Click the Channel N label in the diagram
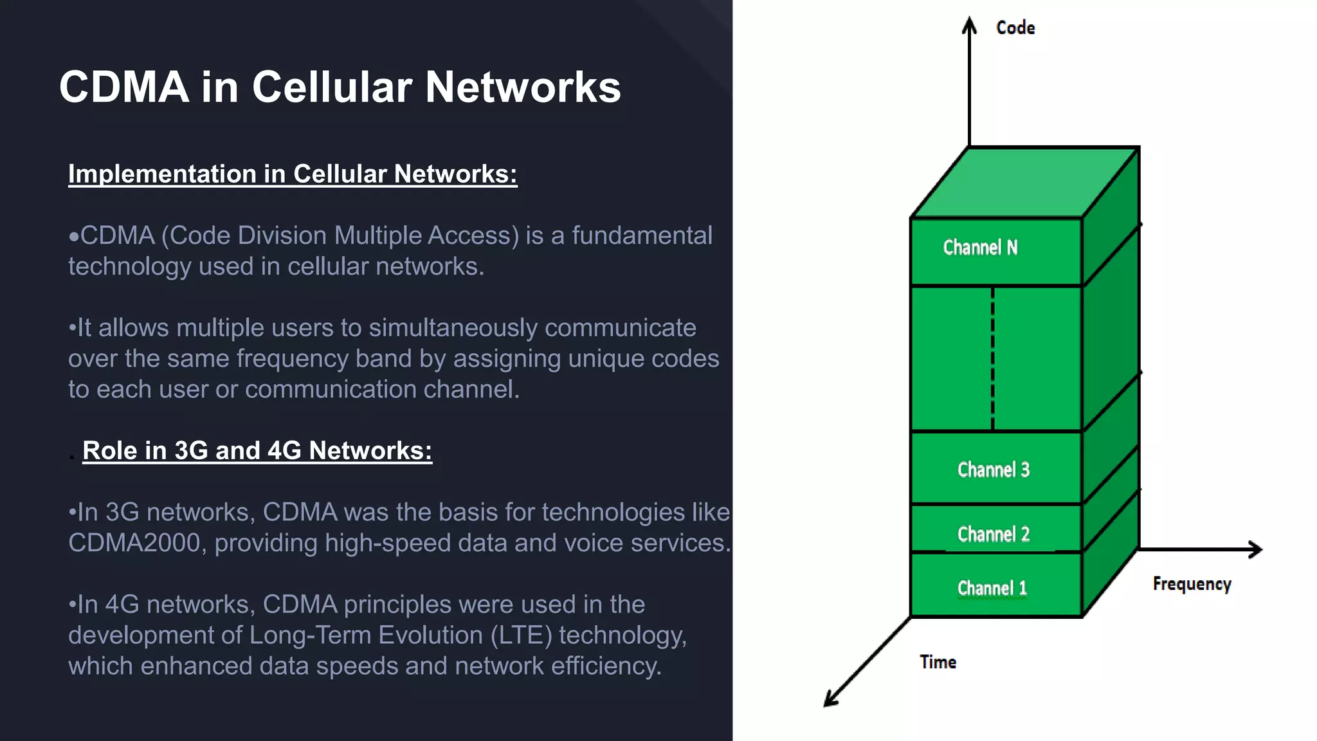pyautogui.click(x=980, y=248)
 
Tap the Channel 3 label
pyautogui.click(x=994, y=470)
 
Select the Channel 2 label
pyautogui.click(x=994, y=534)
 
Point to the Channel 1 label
pyautogui.click(x=992, y=588)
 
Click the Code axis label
pyautogui.click(x=1015, y=28)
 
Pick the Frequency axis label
pyautogui.click(x=1192, y=584)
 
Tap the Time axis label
pyautogui.click(x=938, y=662)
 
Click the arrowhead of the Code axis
pyautogui.click(x=969, y=24)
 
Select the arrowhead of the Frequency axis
pyautogui.click(x=1256, y=549)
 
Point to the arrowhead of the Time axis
pyautogui.click(x=830, y=700)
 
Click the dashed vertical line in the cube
pyautogui.click(x=993, y=358)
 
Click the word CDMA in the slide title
pyautogui.click(x=124, y=87)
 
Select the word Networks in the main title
pyautogui.click(x=523, y=87)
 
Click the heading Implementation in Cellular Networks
pyautogui.click(x=293, y=174)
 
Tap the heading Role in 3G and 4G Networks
pyautogui.click(x=257, y=451)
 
